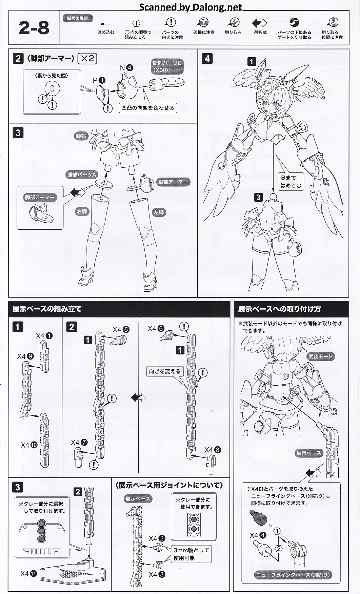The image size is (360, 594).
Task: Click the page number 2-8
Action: point(34,28)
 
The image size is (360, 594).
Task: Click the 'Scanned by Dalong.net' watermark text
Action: point(191,7)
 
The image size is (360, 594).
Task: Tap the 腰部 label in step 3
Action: point(81,136)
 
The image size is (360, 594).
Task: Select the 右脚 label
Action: point(82,211)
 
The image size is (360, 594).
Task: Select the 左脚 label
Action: point(159,212)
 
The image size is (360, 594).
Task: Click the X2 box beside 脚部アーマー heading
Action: point(87,59)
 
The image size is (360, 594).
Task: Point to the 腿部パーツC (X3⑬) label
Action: point(167,66)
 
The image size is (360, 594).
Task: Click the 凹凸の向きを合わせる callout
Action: point(148,108)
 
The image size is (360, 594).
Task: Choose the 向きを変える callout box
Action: point(165,371)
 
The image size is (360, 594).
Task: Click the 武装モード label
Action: point(320,356)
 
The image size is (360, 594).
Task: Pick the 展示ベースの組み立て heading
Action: point(47,309)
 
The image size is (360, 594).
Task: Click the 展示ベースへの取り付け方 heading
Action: point(279,309)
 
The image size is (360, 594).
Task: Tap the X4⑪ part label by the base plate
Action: point(28,574)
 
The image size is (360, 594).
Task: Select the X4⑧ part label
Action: point(213,450)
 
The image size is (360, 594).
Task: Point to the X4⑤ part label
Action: point(121,329)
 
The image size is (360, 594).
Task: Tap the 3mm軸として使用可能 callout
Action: point(191,554)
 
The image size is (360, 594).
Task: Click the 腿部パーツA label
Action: point(82,175)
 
